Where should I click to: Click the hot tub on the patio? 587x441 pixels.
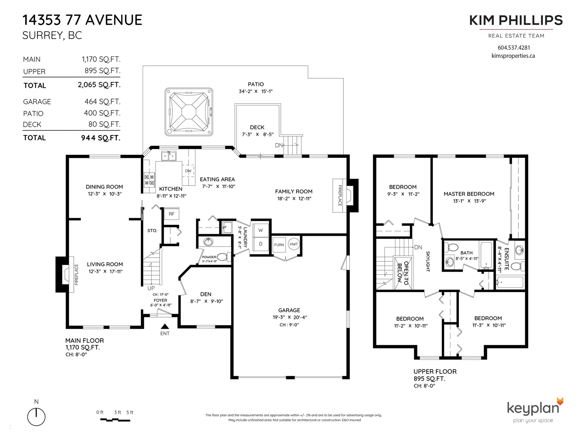(189, 111)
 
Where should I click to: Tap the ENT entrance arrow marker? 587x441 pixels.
(165, 326)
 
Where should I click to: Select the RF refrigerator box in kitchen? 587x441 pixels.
(171, 214)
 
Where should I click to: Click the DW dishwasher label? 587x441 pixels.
(188, 171)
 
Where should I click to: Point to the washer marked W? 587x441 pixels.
(260, 230)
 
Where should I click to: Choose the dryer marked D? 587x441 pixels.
(260, 244)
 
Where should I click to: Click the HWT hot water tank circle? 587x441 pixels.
(293, 244)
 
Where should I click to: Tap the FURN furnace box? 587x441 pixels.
(279, 245)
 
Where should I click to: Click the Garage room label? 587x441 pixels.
(289, 310)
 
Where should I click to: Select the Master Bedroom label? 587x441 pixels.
(469, 194)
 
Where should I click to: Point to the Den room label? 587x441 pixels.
(206, 294)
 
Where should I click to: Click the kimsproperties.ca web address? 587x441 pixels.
(513, 56)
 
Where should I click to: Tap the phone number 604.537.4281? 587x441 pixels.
(514, 48)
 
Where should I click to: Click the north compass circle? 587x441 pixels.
(36, 417)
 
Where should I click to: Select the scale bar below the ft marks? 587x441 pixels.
(115, 420)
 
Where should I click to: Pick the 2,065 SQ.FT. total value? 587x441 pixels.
(99, 85)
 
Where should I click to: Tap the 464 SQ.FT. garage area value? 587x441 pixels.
(102, 102)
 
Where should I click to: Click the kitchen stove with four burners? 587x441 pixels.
(149, 180)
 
